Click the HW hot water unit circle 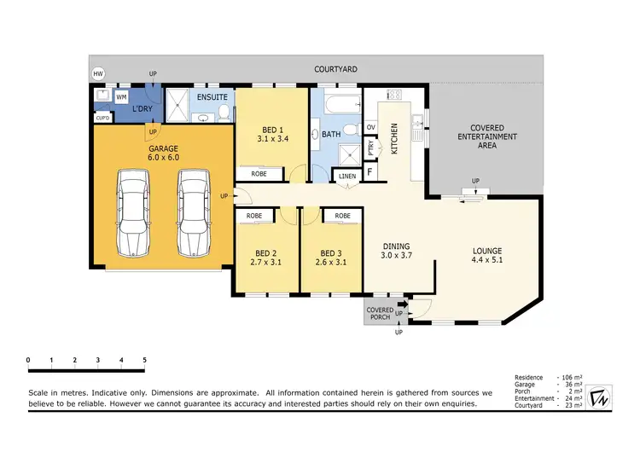98,74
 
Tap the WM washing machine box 121,97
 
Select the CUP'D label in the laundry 102,117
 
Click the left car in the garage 134,212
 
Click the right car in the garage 193,212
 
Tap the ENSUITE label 212,97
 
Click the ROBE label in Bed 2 254,216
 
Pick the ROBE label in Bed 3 343,216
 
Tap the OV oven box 370,127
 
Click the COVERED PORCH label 379,313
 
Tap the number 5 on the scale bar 145,360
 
